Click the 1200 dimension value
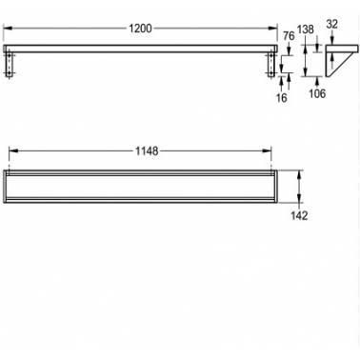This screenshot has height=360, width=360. [x=140, y=29]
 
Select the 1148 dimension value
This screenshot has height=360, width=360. [x=147, y=151]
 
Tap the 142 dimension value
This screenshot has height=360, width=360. [x=299, y=216]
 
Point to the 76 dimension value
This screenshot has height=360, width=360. [x=289, y=36]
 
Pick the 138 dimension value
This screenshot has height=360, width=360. [x=306, y=30]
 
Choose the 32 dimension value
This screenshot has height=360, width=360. [x=331, y=24]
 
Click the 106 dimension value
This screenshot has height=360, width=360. [x=317, y=93]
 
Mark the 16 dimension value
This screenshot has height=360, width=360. [x=281, y=98]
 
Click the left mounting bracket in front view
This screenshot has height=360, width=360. [x=10, y=65]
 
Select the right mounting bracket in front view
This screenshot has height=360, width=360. [x=271, y=65]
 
